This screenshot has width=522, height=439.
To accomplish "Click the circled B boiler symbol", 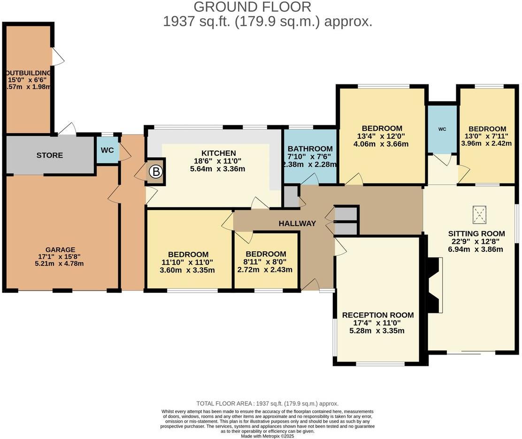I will click(x=155, y=172).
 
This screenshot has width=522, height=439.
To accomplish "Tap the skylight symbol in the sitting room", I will click(x=479, y=216).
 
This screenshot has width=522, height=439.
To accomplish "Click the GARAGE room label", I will click(x=60, y=250).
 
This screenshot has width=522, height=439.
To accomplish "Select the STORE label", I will click(x=50, y=155).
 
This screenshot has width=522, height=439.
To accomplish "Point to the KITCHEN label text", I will click(x=218, y=153).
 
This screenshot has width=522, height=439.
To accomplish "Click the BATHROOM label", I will click(x=310, y=149).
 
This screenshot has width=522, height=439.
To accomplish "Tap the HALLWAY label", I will click(x=297, y=223).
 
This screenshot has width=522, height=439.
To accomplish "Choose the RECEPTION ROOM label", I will click(x=378, y=315).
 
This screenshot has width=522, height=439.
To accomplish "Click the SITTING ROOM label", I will click(x=476, y=233).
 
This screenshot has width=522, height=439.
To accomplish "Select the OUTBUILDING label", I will click(x=28, y=73).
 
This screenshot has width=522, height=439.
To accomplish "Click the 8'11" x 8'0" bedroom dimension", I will click(x=265, y=262).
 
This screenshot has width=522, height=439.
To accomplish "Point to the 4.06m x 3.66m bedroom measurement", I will click(x=382, y=144).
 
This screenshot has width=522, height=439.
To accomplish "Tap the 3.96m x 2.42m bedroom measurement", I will click(x=486, y=144).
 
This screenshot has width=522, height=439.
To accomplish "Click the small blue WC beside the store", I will click(x=107, y=151).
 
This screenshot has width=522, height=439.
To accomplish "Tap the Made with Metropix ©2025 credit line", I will click(x=268, y=436).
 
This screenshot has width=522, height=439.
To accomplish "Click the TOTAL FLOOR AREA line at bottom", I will click(x=267, y=403).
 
